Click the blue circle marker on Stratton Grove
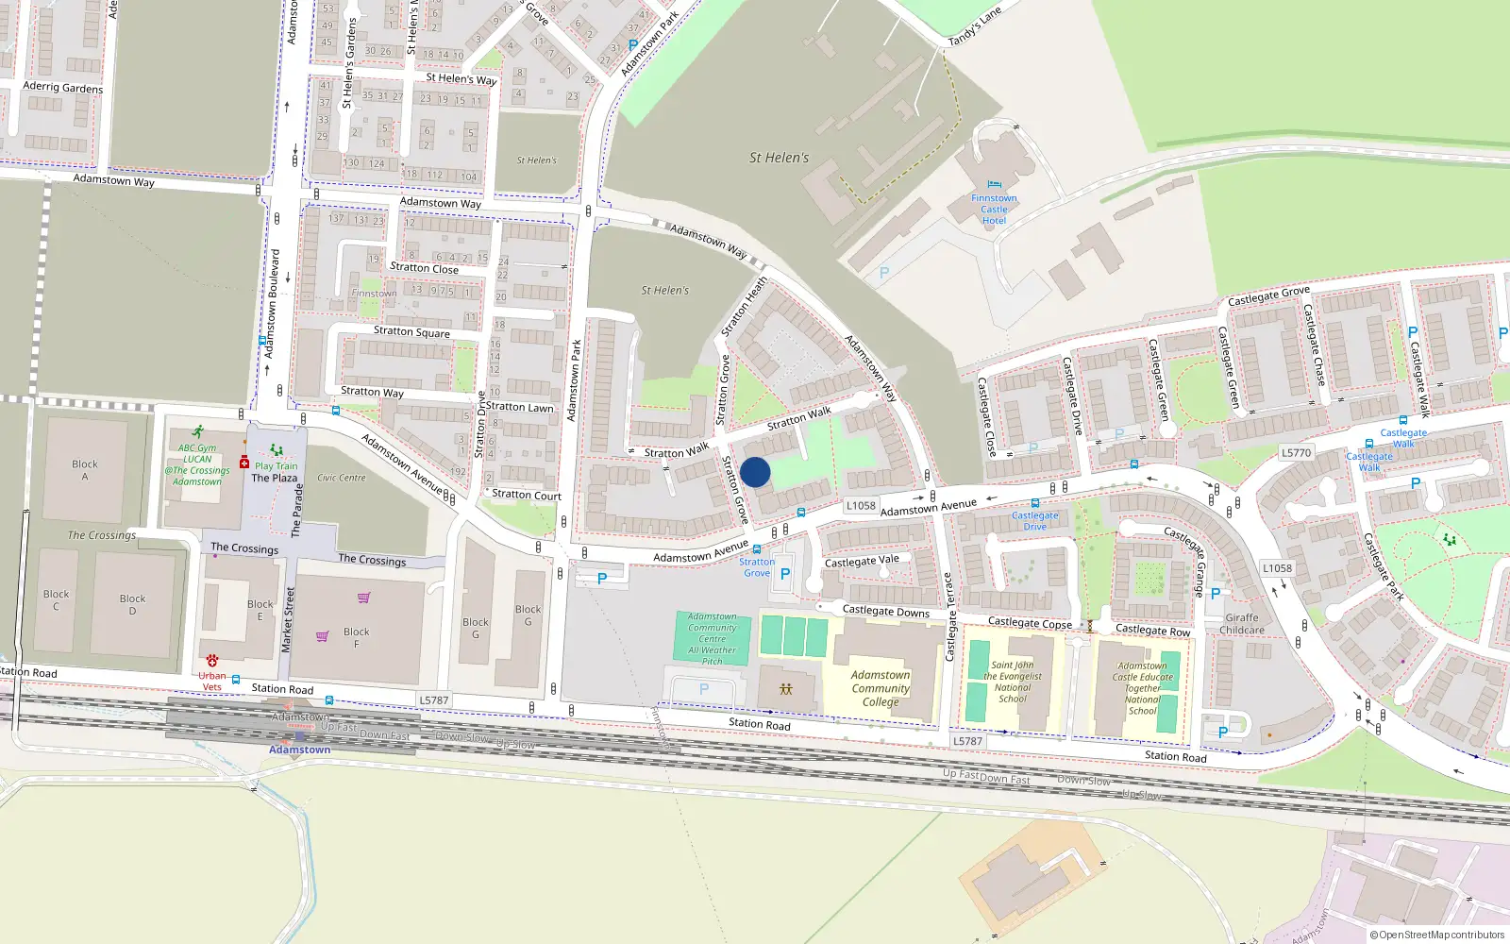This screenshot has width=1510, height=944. coord(755,472)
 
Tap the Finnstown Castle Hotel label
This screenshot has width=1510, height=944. coord(994,209)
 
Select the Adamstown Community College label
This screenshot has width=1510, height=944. coord(880,688)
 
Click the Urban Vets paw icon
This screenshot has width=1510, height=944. coord(212,661)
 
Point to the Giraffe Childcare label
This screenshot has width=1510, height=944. coord(1241,624)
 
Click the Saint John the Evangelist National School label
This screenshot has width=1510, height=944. coord(1012,682)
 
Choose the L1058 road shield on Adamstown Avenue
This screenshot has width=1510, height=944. coord(860,506)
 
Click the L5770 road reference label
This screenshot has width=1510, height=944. coord(1296,453)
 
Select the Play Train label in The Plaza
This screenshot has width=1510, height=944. coord(276,465)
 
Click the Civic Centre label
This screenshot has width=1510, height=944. coord(341,478)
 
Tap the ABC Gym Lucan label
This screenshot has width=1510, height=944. coord(197,464)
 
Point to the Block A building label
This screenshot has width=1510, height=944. coord(85,470)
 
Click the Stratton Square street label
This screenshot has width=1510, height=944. coord(411,332)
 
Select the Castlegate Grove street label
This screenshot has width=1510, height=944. coord(1268,296)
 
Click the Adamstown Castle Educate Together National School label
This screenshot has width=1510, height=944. coord(1142,688)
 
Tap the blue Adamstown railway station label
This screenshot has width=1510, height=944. coord(299,750)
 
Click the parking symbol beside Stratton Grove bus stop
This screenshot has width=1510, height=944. coord(784,573)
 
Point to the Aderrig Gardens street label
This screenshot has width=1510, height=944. coord(62,87)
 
